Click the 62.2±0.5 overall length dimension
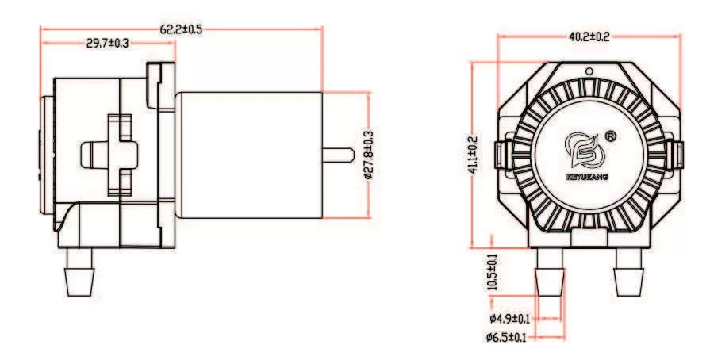coord(182,29)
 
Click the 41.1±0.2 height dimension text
coord(473,155)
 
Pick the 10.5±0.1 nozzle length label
coord(493,271)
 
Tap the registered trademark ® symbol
coord(611,136)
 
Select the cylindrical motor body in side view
coord(248,155)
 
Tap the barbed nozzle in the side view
coord(80,274)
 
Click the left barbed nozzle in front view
coord(550,274)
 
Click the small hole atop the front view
coord(589,71)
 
